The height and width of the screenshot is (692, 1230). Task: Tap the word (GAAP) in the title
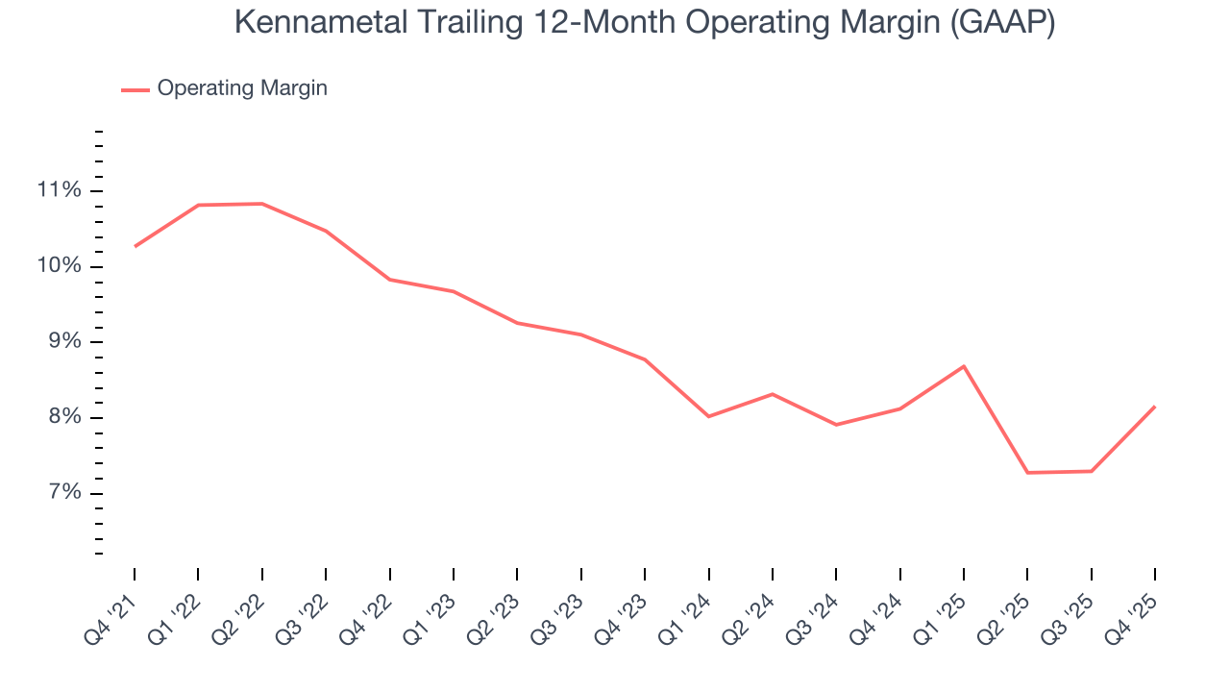pos(1002,23)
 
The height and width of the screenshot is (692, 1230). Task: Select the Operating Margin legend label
pos(242,88)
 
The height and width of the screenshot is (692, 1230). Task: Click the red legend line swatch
pos(135,89)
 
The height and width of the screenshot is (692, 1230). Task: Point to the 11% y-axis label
pos(59,190)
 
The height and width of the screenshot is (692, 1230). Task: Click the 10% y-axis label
pos(59,266)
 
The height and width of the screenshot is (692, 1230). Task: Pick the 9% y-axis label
pos(62,342)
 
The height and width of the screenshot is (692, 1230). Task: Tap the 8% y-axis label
pos(62,418)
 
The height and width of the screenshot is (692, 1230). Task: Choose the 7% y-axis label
pos(62,494)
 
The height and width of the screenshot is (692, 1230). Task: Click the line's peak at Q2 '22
pos(262,204)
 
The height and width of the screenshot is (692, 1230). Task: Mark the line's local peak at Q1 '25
pos(964,366)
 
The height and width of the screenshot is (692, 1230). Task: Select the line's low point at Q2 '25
pos(1027,473)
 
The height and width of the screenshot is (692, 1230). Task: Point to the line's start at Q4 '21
pos(135,247)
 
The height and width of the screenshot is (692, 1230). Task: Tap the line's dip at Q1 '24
pos(708,416)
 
